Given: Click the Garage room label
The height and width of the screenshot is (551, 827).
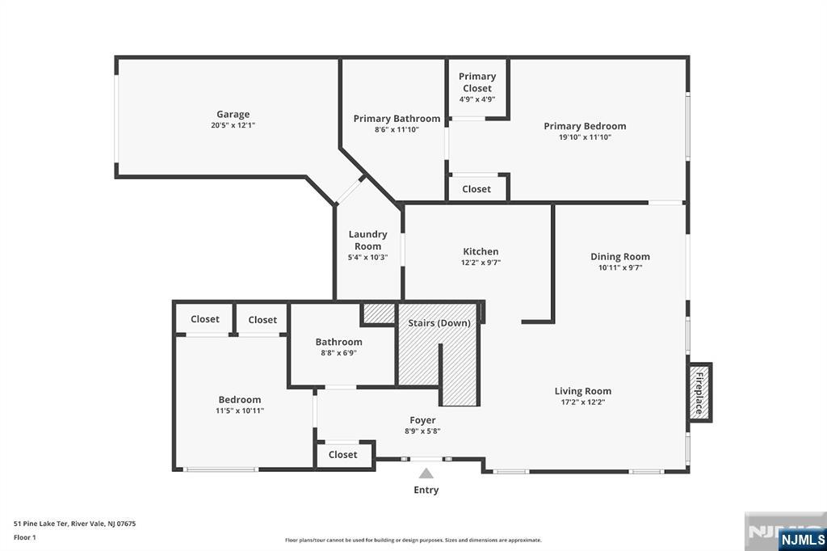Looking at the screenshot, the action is tap(233, 114).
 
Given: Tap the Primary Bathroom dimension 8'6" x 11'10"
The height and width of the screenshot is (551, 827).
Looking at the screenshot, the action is tap(397, 129).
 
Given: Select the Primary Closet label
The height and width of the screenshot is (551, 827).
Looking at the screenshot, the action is tap(477, 82).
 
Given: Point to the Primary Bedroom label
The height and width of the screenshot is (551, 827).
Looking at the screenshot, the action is tap(585, 126).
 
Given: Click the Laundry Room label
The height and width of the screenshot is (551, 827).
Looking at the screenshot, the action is tap(367, 240).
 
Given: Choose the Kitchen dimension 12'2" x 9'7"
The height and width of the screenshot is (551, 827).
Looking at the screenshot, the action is tap(481, 263).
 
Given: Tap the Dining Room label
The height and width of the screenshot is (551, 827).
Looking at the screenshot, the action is tap(620, 256).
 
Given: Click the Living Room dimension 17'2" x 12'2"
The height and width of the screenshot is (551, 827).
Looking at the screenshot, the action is tap(583, 402).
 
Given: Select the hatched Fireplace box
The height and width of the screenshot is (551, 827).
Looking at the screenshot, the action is tap(700, 392).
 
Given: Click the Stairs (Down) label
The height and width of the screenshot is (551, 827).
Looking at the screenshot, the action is tap(439, 322).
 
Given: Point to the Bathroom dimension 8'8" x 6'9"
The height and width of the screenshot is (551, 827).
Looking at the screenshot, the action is tap(338, 352).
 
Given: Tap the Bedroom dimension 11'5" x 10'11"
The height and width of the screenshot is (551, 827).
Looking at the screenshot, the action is tap(239, 410).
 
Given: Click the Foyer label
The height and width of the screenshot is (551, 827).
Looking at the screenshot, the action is tap(422, 420).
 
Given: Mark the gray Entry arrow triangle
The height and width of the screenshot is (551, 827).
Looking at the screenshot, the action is tap(426, 473).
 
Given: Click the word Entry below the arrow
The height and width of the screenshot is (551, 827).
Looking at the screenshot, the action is tap(426, 490).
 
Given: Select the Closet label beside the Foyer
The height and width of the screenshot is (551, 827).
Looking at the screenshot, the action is tap(342, 454).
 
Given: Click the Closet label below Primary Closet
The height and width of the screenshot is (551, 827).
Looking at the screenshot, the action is tap(476, 189).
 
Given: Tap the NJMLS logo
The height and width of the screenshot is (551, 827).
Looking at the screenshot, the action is tap(802, 540).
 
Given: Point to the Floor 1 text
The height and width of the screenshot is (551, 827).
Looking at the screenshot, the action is tap(25, 537).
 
